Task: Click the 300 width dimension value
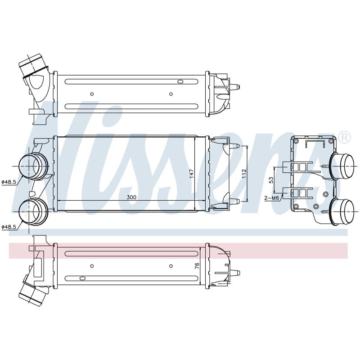coord(131,197)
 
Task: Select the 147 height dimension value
coord(192,174)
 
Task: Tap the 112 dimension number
coord(244,174)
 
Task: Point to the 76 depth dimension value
coord(197,266)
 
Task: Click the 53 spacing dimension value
coord(271,180)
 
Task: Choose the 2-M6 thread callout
coord(272,198)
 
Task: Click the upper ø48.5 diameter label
coord(9,182)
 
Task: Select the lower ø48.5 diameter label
coord(9,227)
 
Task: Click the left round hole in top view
coord(92,94)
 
